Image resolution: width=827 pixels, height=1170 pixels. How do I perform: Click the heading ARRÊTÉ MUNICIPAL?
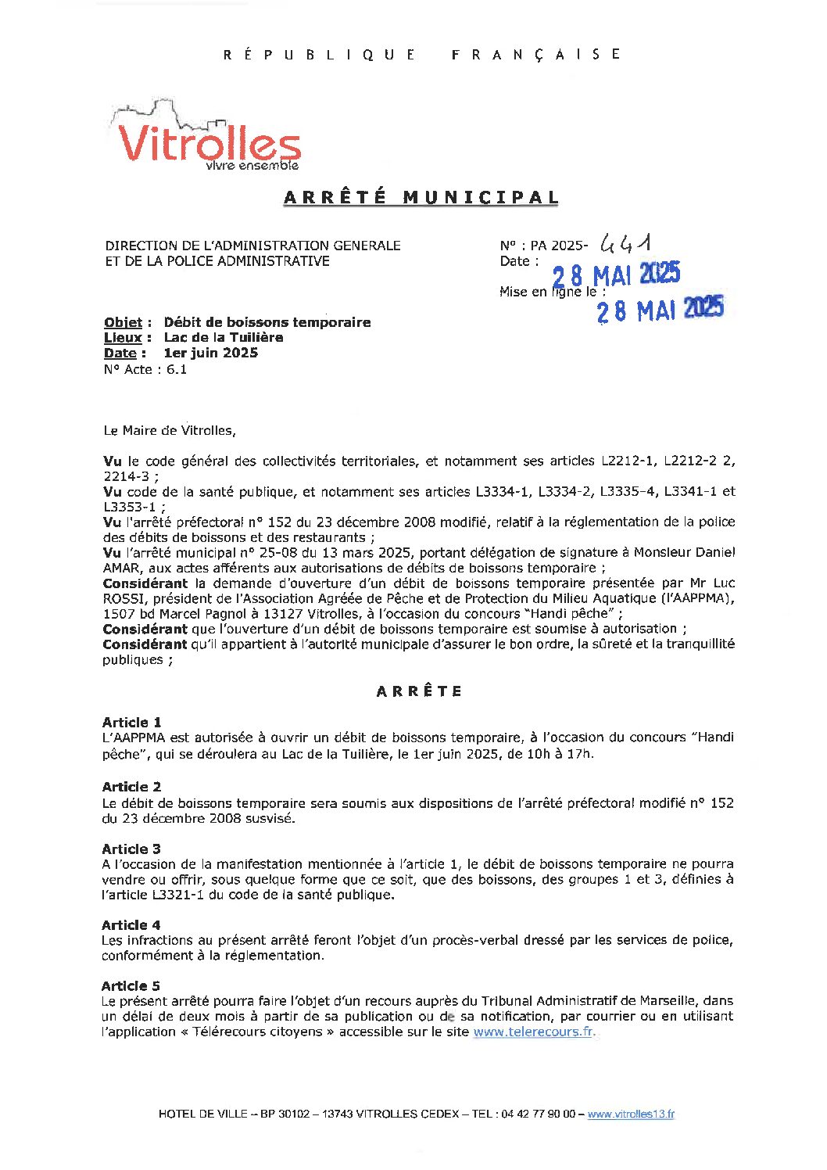pyautogui.click(x=421, y=197)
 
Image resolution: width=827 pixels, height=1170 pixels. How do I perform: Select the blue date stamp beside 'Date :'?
pyautogui.click(x=616, y=275)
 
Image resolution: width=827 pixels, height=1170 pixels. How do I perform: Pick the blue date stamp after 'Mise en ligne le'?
pyautogui.click(x=660, y=310)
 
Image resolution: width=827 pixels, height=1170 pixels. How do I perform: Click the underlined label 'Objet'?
pyautogui.click(x=123, y=322)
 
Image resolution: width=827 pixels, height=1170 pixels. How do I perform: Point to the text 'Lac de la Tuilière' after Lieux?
pyautogui.click(x=224, y=338)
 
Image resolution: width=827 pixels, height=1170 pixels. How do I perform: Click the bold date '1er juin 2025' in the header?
pyautogui.click(x=210, y=353)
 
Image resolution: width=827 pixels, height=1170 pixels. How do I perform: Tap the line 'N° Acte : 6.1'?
pyautogui.click(x=145, y=369)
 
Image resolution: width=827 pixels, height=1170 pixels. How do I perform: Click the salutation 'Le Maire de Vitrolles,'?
pyautogui.click(x=169, y=430)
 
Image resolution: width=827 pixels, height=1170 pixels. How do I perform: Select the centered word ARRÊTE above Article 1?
pyautogui.click(x=419, y=691)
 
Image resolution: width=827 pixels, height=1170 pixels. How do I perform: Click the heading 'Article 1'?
pyautogui.click(x=131, y=722)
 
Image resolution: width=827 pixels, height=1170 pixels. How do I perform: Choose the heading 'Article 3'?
pyautogui.click(x=131, y=849)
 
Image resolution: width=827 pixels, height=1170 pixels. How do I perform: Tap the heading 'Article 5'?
pyautogui.click(x=131, y=985)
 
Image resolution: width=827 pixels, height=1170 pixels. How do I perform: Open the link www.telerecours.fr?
pyautogui.click(x=533, y=1032)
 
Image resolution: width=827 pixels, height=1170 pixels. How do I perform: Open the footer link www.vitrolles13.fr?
pyautogui.click(x=631, y=1114)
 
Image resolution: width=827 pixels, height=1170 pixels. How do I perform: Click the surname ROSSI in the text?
pyautogui.click(x=123, y=598)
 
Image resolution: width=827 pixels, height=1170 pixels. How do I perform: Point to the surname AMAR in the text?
pyautogui.click(x=122, y=568)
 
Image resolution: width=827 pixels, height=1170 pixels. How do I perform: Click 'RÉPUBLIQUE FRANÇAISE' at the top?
pyautogui.click(x=421, y=54)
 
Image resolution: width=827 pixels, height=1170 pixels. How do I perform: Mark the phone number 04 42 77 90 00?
pyautogui.click(x=537, y=1114)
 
